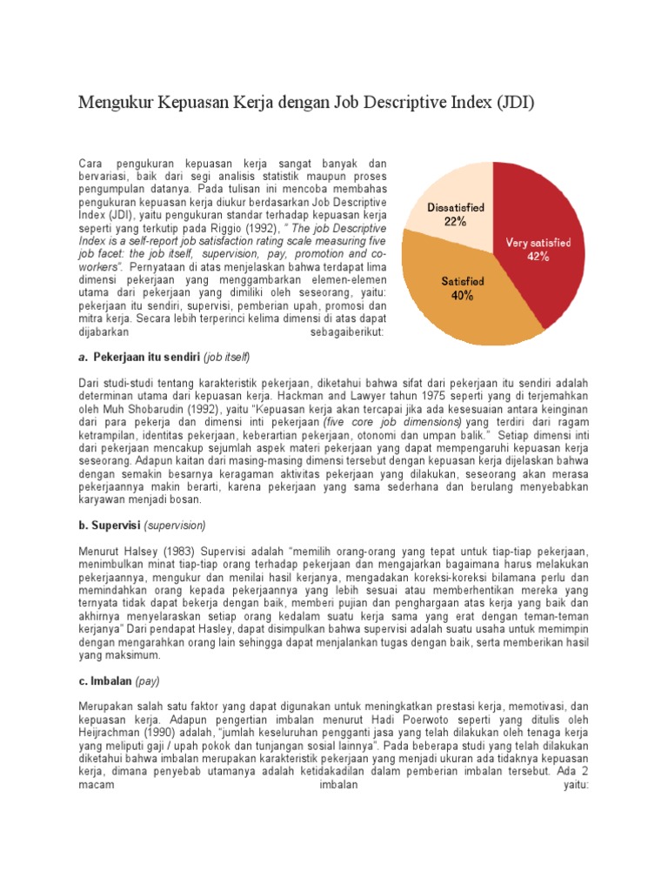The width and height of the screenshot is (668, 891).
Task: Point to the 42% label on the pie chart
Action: tap(538, 257)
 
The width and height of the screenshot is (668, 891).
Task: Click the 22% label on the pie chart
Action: tap(454, 222)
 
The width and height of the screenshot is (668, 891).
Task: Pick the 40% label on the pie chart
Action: tap(462, 296)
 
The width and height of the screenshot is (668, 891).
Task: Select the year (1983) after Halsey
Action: tap(181, 553)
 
